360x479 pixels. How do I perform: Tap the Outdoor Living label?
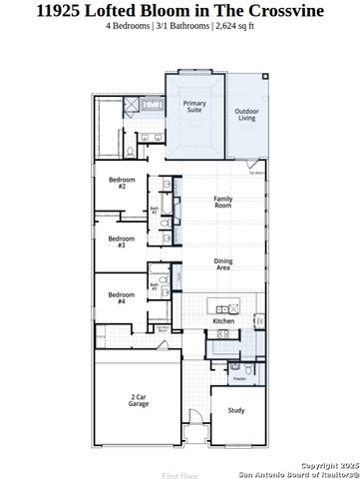(x=247, y=114)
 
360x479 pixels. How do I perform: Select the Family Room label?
(x=223, y=202)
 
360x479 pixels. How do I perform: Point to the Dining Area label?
(x=223, y=264)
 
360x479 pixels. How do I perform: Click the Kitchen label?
(x=223, y=321)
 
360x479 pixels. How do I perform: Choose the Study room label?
(x=236, y=409)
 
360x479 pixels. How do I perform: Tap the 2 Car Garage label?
(x=139, y=401)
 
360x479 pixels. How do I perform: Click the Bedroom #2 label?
(x=122, y=183)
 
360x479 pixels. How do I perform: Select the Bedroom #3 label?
(x=122, y=240)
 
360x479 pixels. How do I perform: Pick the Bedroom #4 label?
(x=122, y=297)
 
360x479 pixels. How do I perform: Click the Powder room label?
(x=239, y=379)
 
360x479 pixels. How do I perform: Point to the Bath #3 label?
(x=155, y=286)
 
